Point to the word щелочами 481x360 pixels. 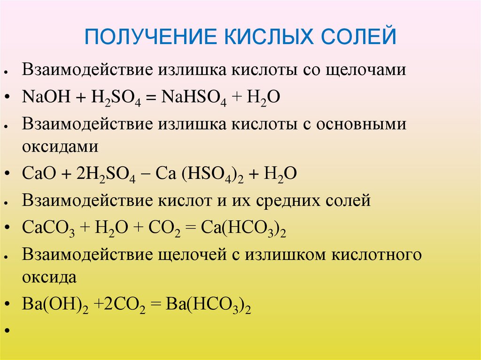367,70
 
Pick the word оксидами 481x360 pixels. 60,146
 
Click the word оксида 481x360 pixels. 49,276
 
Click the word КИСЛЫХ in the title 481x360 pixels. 254,36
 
